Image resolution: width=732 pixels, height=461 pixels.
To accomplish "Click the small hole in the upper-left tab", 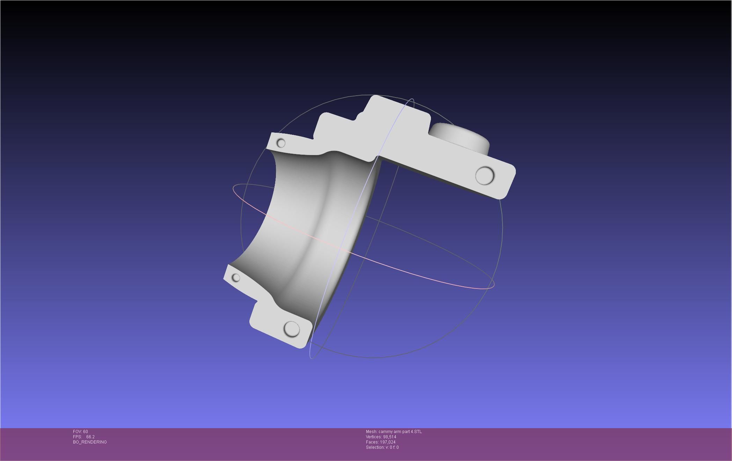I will click(x=281, y=143).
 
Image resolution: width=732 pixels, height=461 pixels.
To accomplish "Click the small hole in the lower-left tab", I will click(x=236, y=278).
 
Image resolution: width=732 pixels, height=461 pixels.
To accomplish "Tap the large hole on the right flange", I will click(x=485, y=175).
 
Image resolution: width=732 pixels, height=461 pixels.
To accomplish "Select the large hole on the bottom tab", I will click(x=292, y=329).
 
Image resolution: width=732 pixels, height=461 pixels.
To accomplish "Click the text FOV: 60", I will click(x=80, y=432).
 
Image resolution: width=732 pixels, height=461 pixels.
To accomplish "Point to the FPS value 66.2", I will click(x=90, y=437).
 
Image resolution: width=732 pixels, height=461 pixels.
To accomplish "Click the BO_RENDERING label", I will click(x=90, y=442).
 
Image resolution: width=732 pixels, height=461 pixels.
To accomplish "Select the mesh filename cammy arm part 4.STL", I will click(x=400, y=432).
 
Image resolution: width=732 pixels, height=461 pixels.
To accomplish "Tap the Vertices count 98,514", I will click(x=389, y=437).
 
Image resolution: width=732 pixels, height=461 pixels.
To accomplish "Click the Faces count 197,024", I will click(x=388, y=442).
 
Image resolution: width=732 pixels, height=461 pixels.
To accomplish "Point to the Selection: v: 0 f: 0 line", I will click(x=382, y=447).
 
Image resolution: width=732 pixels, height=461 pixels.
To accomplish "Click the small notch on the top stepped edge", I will click(x=359, y=116).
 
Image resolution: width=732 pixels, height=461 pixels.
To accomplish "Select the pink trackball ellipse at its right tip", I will click(x=493, y=285).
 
